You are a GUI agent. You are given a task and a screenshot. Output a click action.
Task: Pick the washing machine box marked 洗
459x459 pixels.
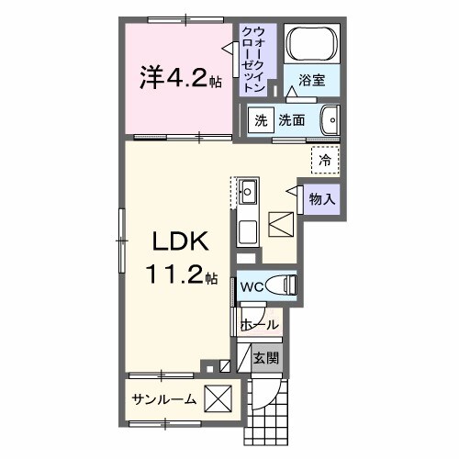click(261, 119)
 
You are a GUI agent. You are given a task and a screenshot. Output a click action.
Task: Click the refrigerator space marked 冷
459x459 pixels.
click(324, 160)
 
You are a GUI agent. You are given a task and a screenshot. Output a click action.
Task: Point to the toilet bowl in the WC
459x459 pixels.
click(284, 286)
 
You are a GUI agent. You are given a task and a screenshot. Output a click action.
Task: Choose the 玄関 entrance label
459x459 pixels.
click(267, 358)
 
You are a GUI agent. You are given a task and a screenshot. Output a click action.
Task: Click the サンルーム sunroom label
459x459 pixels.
click(163, 400)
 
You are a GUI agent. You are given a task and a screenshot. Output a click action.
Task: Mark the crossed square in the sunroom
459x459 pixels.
click(218, 400)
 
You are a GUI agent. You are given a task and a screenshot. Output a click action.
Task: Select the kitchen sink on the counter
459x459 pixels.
click(249, 193)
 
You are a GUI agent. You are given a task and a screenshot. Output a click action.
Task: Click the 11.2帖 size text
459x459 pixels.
click(180, 274)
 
